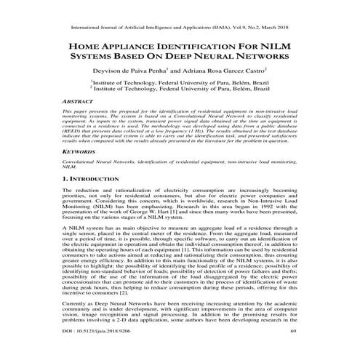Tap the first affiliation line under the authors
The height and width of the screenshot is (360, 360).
point(179,84)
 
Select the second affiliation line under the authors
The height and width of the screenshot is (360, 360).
point(179,91)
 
